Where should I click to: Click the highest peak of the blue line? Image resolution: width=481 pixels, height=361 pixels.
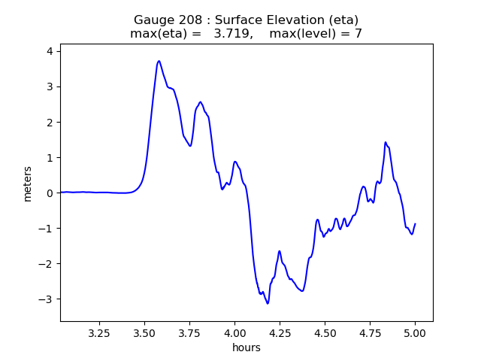click(x=159, y=61)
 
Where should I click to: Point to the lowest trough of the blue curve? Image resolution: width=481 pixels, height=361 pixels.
click(x=267, y=303)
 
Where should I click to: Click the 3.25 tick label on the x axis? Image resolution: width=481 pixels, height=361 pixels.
click(x=99, y=332)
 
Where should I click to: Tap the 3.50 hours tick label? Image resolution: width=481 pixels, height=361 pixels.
click(x=144, y=332)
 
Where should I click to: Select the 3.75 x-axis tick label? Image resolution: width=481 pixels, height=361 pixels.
click(x=189, y=332)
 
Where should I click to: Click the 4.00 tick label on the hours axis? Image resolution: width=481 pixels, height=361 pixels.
click(x=234, y=332)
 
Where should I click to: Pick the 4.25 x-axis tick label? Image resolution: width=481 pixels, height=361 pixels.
click(x=280, y=332)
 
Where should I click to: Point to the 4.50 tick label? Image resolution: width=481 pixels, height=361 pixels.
click(x=325, y=332)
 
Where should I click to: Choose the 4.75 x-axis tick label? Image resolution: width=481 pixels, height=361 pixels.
click(x=370, y=332)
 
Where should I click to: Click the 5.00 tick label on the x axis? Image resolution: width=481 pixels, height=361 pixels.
click(x=415, y=332)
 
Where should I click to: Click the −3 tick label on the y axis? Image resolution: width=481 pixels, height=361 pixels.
click(x=48, y=299)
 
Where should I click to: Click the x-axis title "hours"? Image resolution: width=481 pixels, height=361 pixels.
click(x=247, y=347)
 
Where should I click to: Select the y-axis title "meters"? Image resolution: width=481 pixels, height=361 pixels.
click(x=28, y=184)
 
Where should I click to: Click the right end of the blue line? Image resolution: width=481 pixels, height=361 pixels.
click(x=415, y=224)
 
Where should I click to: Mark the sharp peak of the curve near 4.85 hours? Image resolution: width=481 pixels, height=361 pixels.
click(x=386, y=142)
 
